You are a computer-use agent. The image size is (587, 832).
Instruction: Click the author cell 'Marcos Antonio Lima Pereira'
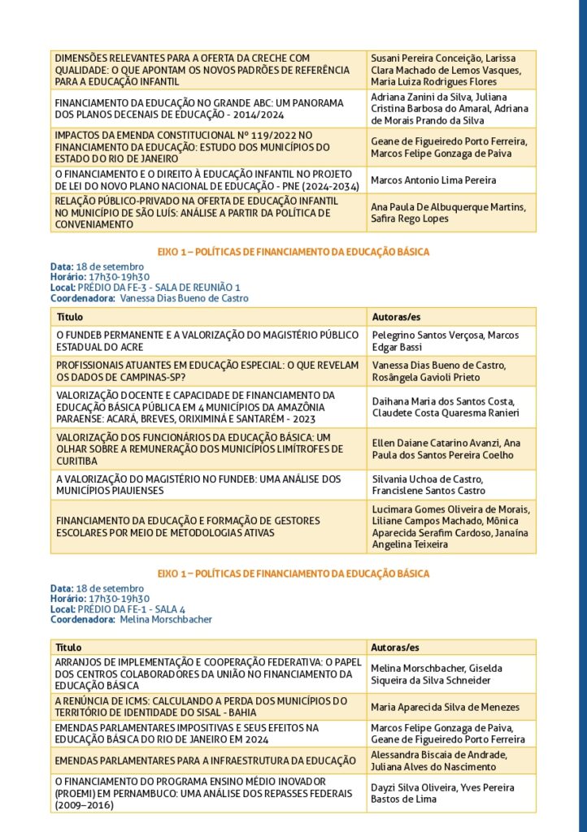(433, 180)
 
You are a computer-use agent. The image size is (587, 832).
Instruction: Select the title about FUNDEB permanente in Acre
(207, 340)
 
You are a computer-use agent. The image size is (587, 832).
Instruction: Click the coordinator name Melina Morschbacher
(165, 619)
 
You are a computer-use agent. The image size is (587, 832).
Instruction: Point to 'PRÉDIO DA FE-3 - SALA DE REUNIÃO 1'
(159, 288)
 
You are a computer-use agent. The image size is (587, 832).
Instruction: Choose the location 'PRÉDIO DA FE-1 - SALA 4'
(131, 609)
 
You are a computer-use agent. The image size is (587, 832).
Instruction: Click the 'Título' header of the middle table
(69, 316)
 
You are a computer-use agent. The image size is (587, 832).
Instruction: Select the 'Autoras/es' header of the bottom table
(395, 648)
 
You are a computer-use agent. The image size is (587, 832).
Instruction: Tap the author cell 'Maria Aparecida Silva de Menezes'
(445, 707)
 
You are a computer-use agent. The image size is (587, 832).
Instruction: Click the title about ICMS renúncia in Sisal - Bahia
(202, 706)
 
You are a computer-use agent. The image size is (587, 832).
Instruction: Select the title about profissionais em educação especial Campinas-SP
(207, 371)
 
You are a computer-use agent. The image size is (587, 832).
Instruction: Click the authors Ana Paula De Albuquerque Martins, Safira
(448, 213)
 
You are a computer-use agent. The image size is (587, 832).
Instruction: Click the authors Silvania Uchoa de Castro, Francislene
(427, 485)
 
